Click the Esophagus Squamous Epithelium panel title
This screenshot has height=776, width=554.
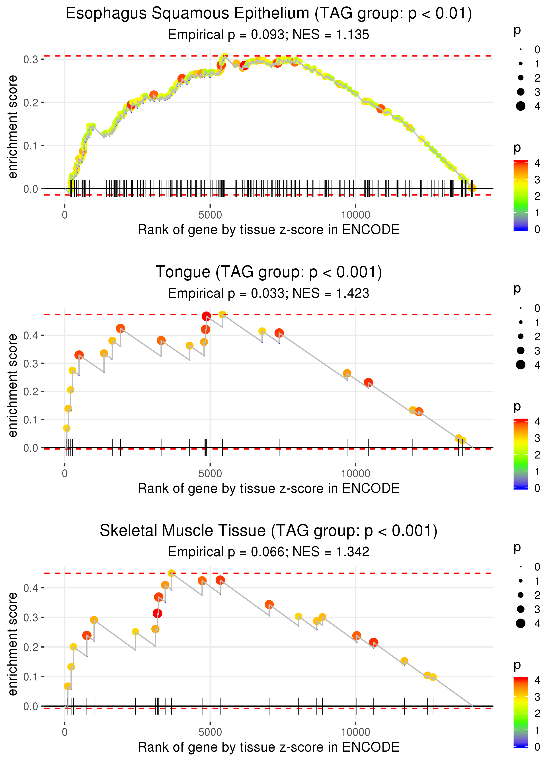pos(269,14)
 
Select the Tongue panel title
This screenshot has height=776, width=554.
pos(269,272)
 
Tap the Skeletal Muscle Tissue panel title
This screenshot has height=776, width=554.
pos(269,531)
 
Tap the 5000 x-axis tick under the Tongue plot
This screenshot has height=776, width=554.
pos(210,474)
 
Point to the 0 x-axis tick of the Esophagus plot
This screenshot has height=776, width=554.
pos(65,215)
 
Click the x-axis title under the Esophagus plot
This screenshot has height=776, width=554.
pos(269,230)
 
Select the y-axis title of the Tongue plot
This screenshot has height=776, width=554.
pos(13,386)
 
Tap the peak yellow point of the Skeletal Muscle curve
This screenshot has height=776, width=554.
pos(172,573)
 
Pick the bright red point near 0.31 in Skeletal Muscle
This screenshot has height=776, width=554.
pos(157,613)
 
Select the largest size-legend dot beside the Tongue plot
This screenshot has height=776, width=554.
pos(521,365)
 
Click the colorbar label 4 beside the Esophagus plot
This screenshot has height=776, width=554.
pos(537,163)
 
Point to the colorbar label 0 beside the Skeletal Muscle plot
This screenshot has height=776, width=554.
pos(537,747)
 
